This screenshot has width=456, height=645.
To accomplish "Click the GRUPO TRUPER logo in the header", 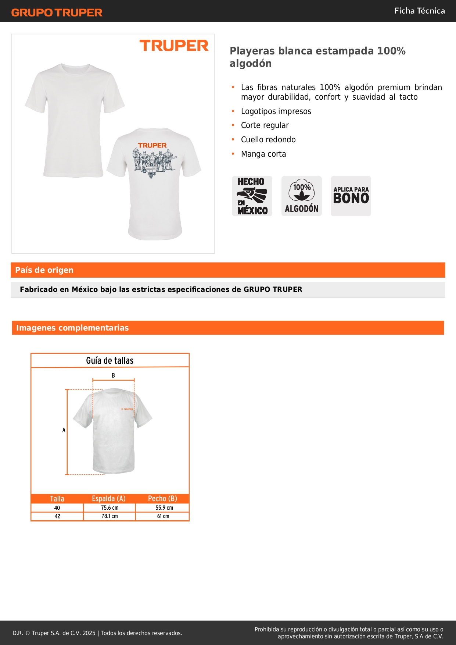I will [x=57, y=13].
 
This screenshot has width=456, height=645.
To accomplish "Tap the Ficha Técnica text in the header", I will [x=419, y=11].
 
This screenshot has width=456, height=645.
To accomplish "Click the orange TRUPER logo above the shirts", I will [x=174, y=46].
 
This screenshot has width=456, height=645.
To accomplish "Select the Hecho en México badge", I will [x=252, y=196].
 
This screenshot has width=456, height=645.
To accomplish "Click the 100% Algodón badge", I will [x=302, y=196].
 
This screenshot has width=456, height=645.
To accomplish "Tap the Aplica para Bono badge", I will [x=351, y=196].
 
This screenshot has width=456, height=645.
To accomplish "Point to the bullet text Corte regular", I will [x=265, y=125].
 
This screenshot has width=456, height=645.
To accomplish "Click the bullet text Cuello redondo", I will [x=268, y=140].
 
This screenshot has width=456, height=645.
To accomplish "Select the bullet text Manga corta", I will [x=263, y=154].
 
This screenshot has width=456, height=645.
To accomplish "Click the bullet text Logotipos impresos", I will [x=276, y=111].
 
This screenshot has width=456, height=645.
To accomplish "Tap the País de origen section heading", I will [x=44, y=270].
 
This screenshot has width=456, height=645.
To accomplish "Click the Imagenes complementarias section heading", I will [x=72, y=328].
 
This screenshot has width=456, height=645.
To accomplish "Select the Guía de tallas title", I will [x=109, y=361].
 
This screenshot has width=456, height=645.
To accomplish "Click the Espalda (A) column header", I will [x=109, y=499].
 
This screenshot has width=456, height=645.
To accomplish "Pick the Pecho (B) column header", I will [x=162, y=499].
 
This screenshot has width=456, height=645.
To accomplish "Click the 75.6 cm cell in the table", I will [x=109, y=508].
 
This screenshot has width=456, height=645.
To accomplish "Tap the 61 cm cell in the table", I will [x=163, y=516].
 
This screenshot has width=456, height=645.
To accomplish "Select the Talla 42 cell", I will [x=57, y=516].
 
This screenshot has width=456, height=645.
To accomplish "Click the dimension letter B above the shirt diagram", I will [x=113, y=375].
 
